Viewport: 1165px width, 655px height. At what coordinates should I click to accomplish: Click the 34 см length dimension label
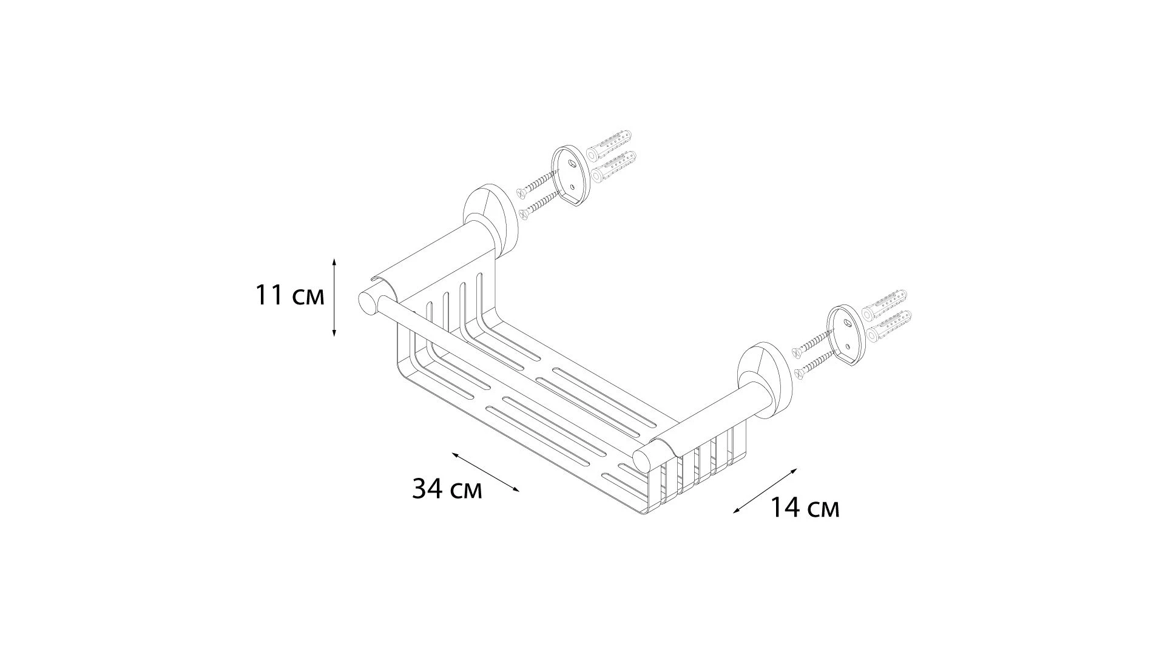(447, 488)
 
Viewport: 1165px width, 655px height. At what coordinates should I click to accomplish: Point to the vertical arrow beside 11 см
(334, 297)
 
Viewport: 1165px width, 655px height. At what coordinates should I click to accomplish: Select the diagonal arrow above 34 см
(485, 472)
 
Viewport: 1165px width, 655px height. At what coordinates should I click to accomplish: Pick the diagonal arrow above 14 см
(765, 491)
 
